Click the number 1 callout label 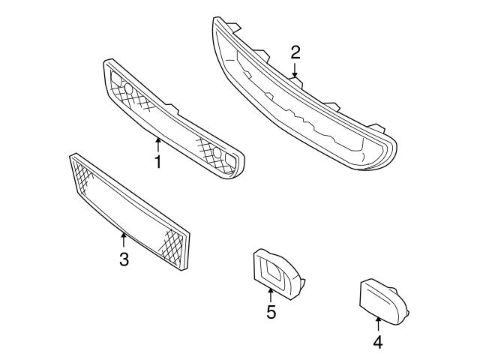click(x=158, y=161)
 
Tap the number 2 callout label click(x=295, y=52)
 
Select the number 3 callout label click(x=124, y=259)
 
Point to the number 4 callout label click(x=378, y=342)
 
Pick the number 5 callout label click(x=271, y=311)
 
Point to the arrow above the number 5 click(x=271, y=292)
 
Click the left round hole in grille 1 click(x=128, y=90)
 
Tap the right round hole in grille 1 click(x=218, y=154)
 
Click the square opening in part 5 click(x=271, y=271)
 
